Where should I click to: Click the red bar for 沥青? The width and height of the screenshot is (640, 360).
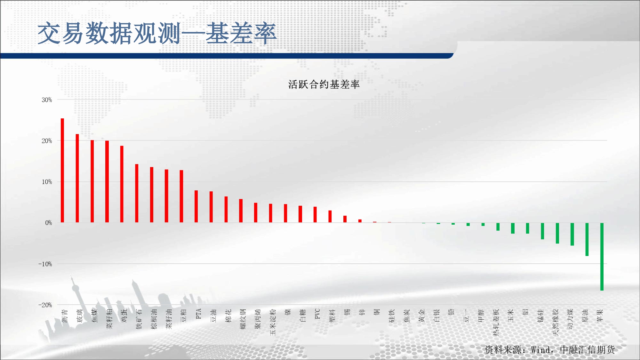pos(62,170)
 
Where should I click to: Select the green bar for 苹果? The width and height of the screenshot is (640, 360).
pos(602,257)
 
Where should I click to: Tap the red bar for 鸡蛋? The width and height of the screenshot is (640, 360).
pos(122,184)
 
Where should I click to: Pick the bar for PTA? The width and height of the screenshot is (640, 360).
pos(196,206)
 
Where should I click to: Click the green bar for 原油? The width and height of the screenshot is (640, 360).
pos(587,239)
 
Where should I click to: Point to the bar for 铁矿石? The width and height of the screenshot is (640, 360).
pos(137,193)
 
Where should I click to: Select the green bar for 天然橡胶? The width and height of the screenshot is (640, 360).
pos(557,233)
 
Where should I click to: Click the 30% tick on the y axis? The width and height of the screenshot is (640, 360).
pos(47,100)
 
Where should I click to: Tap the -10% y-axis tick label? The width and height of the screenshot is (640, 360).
pos(45,264)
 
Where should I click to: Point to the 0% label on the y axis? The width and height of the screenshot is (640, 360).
pos(49,223)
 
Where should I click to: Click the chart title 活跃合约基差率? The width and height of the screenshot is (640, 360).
pos(324,84)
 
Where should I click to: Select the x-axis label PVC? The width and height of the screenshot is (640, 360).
pos(317,314)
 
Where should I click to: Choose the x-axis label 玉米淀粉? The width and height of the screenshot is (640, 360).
pos(273,322)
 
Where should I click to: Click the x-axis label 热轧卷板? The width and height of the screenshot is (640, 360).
pos(496,322)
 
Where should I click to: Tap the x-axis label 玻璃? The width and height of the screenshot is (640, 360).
pos(80,316)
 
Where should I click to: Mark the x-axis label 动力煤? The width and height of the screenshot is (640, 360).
pos(570,319)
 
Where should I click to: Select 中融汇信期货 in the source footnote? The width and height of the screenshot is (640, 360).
pos(588,350)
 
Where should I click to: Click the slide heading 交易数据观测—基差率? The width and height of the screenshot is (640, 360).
pos(157,33)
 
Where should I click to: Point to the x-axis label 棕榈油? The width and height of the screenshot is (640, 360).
pos(154,319)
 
